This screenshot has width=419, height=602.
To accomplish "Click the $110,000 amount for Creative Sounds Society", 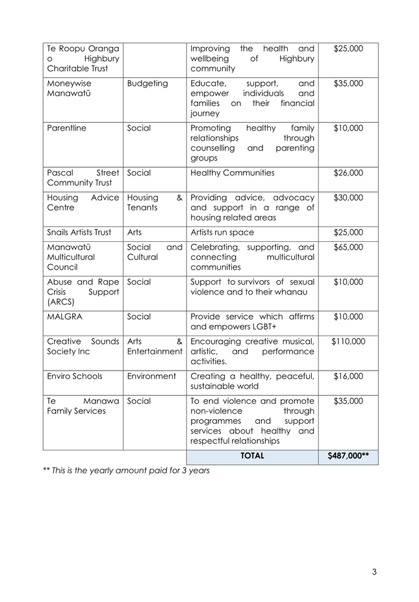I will click(348, 341).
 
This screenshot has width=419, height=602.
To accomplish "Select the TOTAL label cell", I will click(252, 456).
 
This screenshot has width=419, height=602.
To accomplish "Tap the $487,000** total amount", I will click(348, 456).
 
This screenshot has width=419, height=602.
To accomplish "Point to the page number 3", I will click(374, 572).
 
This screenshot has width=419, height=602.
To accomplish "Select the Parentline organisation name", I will click(67, 128).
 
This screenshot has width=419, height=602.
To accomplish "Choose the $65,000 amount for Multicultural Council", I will click(348, 247).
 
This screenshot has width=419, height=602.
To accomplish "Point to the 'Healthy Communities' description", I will click(233, 173).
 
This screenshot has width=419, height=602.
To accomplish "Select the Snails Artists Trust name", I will click(79, 232).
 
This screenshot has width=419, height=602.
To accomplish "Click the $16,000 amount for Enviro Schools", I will click(348, 376).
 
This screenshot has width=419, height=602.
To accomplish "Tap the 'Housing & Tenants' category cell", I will click(155, 203).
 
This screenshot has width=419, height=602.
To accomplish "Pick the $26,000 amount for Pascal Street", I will click(348, 173).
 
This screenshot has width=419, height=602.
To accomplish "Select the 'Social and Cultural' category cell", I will click(155, 252).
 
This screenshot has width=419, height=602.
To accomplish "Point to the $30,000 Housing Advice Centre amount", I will click(348, 198).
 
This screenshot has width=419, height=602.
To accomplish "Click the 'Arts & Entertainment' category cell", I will click(155, 347).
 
